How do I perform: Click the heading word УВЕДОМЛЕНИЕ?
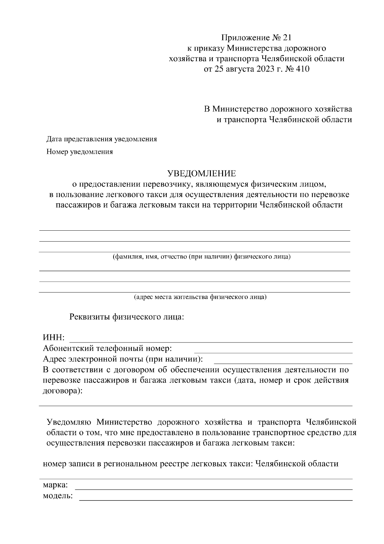coord(202,174)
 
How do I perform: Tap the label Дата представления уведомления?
coord(102,139)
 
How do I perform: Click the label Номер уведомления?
coord(80,152)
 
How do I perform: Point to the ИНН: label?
coord(54,338)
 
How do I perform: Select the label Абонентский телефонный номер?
coord(108,348)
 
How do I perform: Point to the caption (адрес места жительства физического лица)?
coord(200,297)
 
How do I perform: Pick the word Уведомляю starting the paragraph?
coord(69,422)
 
